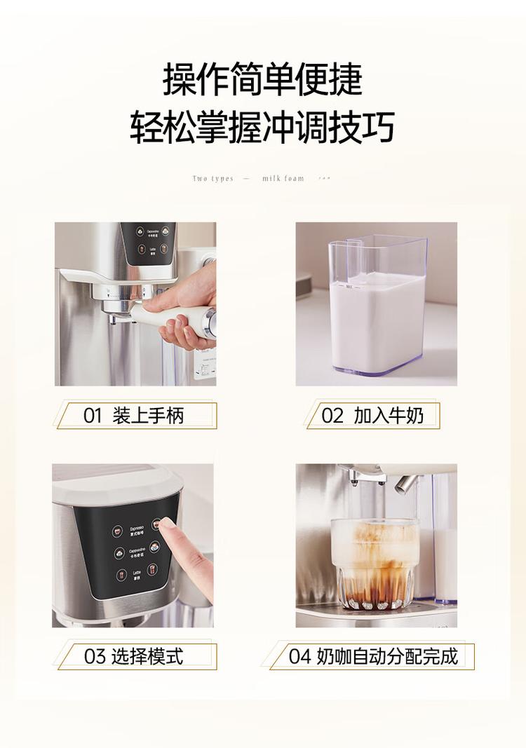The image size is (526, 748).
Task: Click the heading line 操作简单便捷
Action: [x=262, y=79]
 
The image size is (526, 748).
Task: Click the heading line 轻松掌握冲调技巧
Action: [x=262, y=127]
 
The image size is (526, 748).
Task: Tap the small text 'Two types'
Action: [x=213, y=179]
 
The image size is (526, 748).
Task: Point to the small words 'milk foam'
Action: [x=283, y=179]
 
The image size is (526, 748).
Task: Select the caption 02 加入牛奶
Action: [x=372, y=416]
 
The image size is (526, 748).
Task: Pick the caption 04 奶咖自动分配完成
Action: [x=372, y=656]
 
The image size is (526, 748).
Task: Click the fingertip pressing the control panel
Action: [x=166, y=523]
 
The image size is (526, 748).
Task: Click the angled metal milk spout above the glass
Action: [x=406, y=483]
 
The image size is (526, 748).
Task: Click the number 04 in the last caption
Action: [x=299, y=656]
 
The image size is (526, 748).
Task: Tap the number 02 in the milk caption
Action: [x=332, y=416]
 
